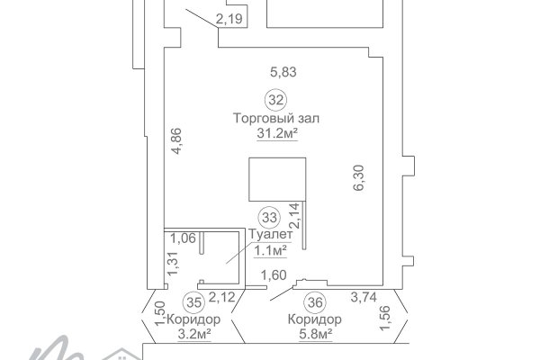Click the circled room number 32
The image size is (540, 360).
(x=276, y=99)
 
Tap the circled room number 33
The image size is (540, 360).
(x=268, y=217)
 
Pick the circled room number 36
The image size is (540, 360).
(x=314, y=302)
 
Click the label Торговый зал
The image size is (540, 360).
(x=276, y=118)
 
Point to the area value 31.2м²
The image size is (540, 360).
(x=276, y=133)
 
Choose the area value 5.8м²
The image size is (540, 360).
(x=314, y=334)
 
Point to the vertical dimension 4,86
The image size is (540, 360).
(x=176, y=142)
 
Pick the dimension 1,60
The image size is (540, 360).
(x=273, y=275)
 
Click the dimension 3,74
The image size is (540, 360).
(x=364, y=298)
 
